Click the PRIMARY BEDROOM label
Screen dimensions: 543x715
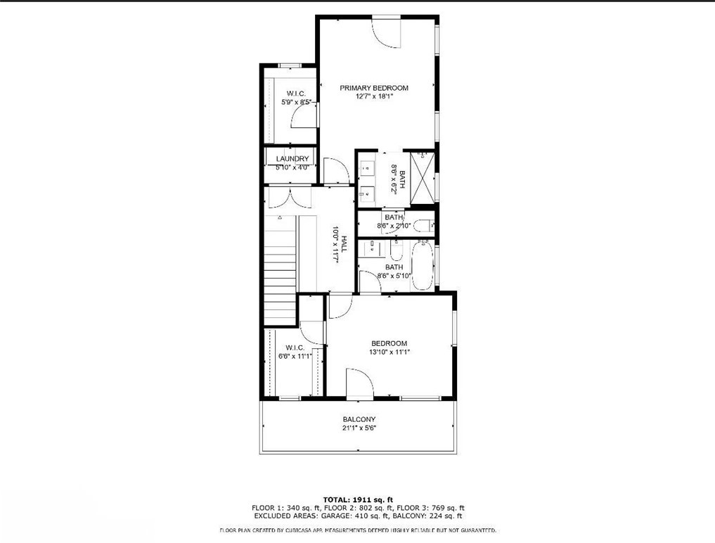[x=374, y=88]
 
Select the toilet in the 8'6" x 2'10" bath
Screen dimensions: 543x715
[x=421, y=226]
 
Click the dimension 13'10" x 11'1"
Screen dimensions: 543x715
[x=389, y=352]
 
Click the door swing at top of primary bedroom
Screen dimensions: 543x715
[x=386, y=31]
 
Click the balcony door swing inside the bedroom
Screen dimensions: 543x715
[x=359, y=383]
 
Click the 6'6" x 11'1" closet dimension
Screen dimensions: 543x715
[x=293, y=356]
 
